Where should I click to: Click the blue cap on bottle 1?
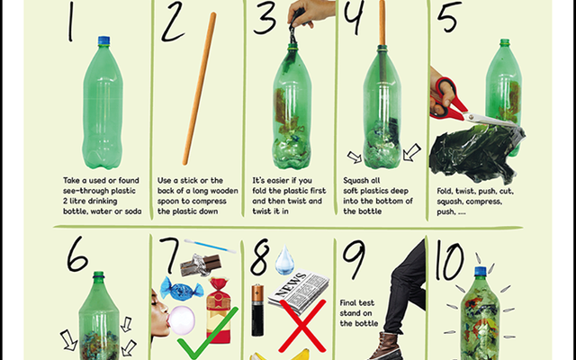pyautogui.click(x=104, y=40)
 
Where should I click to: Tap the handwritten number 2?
pyautogui.click(x=173, y=22)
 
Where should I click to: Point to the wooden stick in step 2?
pyautogui.click(x=200, y=88)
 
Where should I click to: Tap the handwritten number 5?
pyautogui.click(x=449, y=16)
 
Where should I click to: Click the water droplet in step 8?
pyautogui.click(x=284, y=260)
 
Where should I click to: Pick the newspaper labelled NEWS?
pyautogui.click(x=298, y=291)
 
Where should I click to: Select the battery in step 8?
pyautogui.click(x=257, y=310)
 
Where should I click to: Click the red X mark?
pyautogui.click(x=302, y=326)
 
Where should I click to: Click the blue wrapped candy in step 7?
pyautogui.click(x=182, y=289)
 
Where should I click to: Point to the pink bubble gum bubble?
pyautogui.click(x=182, y=320)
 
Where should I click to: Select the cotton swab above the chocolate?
pyautogui.click(x=210, y=246)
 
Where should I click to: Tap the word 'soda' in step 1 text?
pyautogui.click(x=132, y=211)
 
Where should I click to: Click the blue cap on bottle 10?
pyautogui.click(x=480, y=271)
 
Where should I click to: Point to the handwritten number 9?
pyautogui.click(x=354, y=260)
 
